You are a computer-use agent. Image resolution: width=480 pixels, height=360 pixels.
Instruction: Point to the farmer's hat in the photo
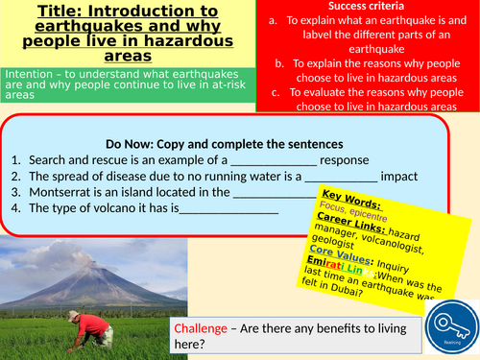pyautogui.click(x=76, y=317)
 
